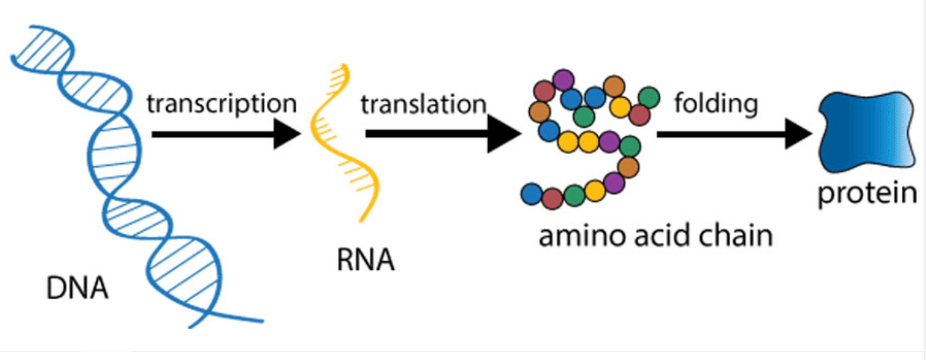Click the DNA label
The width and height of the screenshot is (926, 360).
tap(77, 288)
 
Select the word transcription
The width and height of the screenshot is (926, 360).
tap(222, 105)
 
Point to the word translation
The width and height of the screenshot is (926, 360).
tap(424, 104)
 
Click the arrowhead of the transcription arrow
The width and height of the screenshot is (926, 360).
tap(287, 134)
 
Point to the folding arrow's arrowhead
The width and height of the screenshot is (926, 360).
tap(798, 134)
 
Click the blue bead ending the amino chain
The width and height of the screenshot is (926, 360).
tap(532, 194)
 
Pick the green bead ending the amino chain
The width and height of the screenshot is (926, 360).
tap(649, 97)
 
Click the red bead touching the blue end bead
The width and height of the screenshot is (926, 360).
tap(553, 198)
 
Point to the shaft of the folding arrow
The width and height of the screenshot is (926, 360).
tap(721, 134)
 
